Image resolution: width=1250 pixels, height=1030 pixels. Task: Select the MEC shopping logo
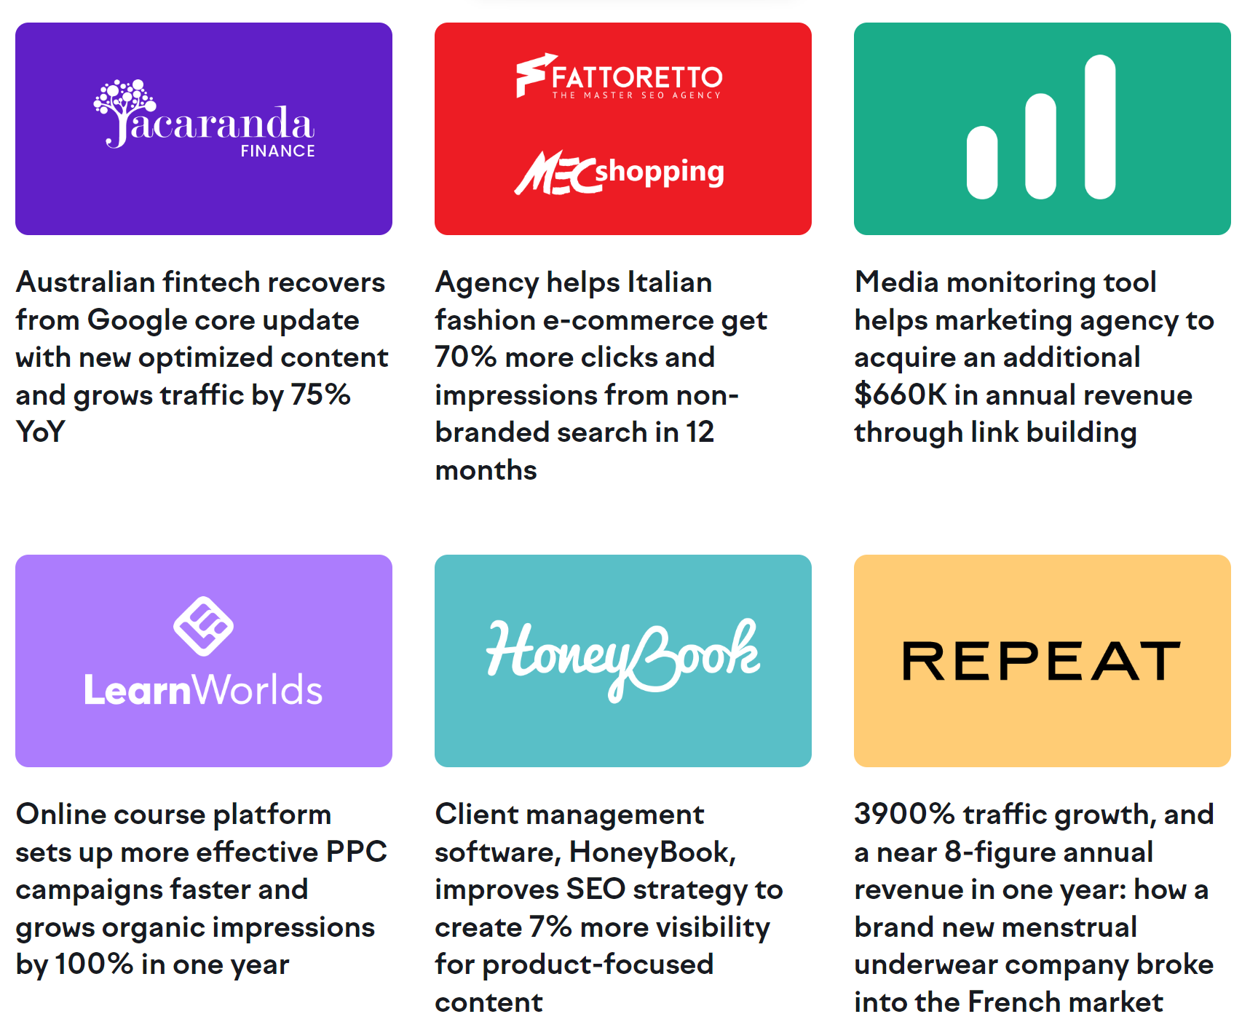[620, 173]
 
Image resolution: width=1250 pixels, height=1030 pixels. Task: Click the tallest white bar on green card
[1099, 127]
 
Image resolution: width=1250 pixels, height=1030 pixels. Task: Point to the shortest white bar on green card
[981, 162]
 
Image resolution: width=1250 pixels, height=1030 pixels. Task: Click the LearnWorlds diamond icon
[203, 626]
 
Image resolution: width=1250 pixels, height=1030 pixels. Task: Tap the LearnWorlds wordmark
[203, 690]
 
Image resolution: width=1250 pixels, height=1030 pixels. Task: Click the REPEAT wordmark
[1041, 661]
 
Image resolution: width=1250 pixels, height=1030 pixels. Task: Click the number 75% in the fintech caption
[320, 395]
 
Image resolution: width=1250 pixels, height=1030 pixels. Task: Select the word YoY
[41, 432]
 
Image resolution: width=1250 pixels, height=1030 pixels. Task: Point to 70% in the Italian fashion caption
[465, 357]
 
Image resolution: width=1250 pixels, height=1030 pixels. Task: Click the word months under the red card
[486, 470]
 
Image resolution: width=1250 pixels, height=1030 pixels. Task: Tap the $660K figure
[900, 395]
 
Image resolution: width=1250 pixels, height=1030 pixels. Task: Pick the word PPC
[356, 852]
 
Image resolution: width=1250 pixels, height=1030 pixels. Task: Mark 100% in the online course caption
[94, 964]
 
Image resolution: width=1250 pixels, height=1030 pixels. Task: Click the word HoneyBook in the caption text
[652, 852]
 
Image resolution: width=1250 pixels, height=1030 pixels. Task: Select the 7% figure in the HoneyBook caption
[550, 927]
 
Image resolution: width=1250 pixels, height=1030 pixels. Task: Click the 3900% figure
[903, 814]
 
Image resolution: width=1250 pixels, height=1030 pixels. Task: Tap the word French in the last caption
[1014, 1002]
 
